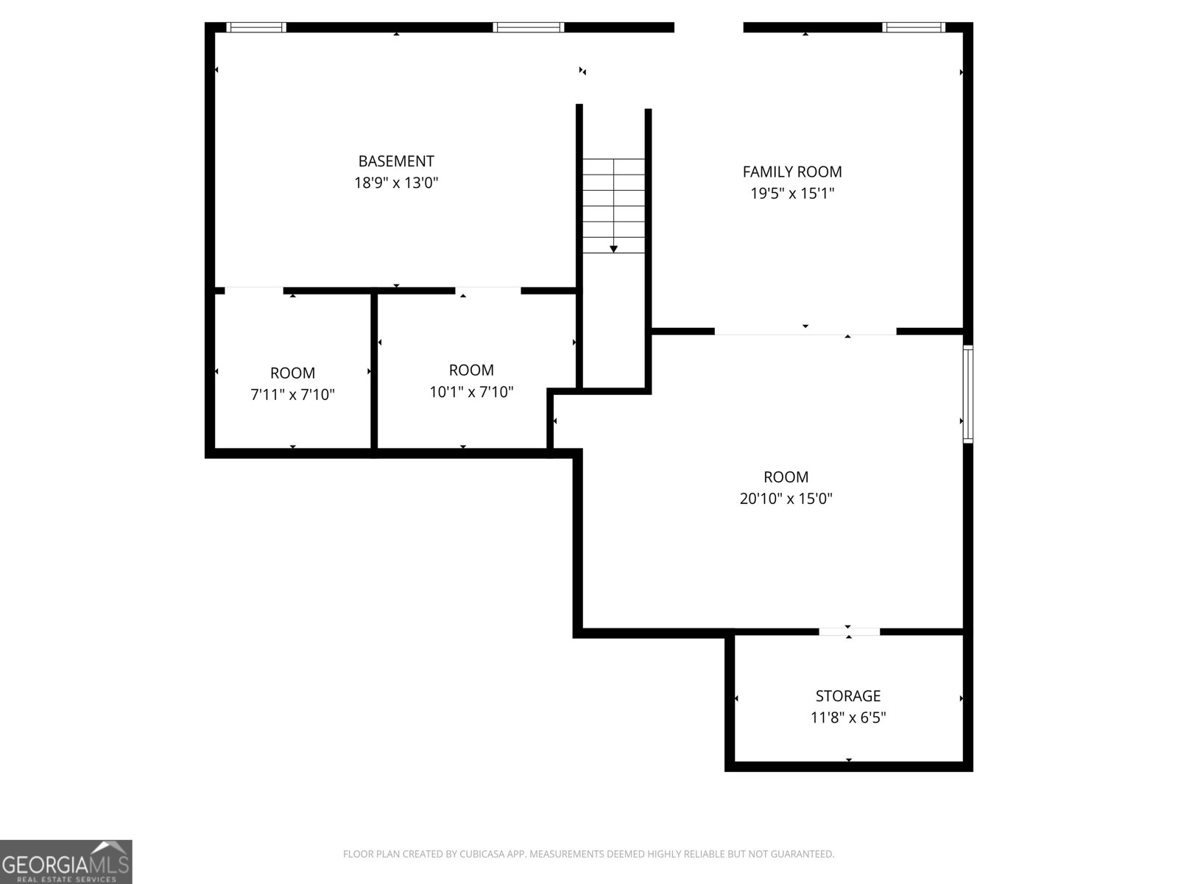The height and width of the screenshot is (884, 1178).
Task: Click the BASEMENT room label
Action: [396, 161]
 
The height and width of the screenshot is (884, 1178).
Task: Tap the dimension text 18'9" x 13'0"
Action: [396, 183]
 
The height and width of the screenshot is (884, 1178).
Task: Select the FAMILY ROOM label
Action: [792, 172]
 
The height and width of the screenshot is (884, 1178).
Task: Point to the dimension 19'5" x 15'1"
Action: [792, 194]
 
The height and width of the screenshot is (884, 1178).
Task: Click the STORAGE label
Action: [848, 696]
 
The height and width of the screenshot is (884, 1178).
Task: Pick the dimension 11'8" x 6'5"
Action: [848, 718]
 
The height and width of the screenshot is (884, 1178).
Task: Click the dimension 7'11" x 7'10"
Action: [292, 395]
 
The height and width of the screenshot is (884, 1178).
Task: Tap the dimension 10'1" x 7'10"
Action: [471, 392]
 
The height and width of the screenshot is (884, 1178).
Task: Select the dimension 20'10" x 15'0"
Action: [786, 499]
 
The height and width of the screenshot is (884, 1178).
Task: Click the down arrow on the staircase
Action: [613, 249]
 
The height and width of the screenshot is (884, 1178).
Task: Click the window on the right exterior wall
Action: [968, 394]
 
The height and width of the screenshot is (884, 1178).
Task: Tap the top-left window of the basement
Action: [255, 27]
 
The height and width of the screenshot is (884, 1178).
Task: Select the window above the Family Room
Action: [913, 27]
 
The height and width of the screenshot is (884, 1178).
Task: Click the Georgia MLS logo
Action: [66, 862]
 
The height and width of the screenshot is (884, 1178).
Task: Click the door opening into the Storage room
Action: [849, 631]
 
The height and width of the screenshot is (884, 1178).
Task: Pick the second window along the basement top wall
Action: [529, 27]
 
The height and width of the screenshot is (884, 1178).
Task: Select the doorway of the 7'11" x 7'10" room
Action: [254, 290]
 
